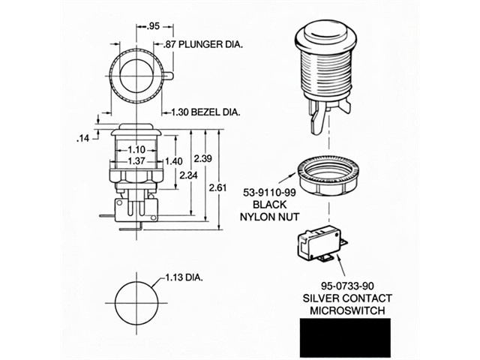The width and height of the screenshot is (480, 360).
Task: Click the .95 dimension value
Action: [153, 25]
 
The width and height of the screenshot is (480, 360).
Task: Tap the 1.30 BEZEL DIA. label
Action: [205, 112]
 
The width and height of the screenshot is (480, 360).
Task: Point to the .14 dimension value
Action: [83, 139]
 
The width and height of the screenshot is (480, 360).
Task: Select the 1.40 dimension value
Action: [174, 161]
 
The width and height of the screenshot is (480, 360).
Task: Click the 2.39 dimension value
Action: [203, 158]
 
